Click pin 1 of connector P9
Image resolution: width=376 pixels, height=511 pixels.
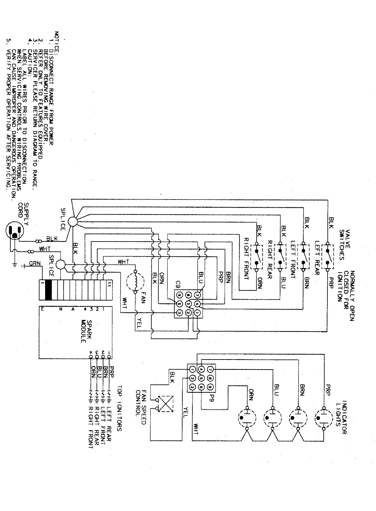192,370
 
